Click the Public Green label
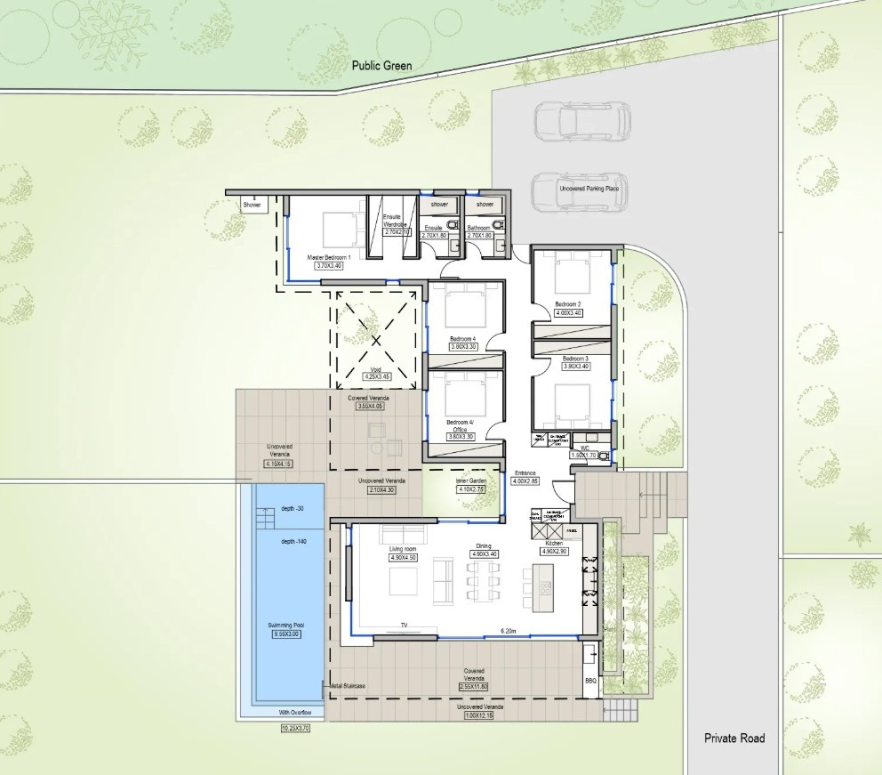coord(381,65)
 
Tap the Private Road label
coord(734,738)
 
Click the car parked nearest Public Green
coord(582,120)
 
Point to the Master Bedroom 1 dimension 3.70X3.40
coord(329,265)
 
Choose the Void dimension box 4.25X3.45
coord(376,376)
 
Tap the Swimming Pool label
coord(287,625)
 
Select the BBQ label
coord(589,681)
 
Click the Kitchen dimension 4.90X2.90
coord(554,551)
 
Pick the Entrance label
coord(525,472)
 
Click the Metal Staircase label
coord(349,686)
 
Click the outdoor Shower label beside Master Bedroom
coord(252,204)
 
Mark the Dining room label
coord(484,545)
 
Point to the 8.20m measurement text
coord(509,630)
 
